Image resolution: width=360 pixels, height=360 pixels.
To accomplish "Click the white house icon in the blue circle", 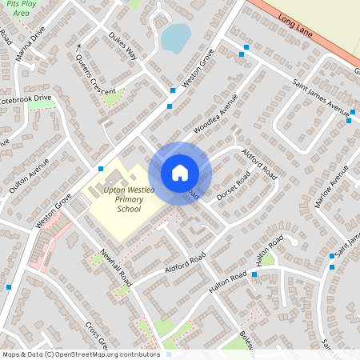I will click(x=180, y=173).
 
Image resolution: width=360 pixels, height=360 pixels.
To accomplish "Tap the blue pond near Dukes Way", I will click(x=176, y=37).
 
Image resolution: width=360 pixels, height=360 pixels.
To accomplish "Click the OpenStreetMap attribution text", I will click(x=80, y=354).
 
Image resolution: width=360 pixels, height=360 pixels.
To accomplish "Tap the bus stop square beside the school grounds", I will click(x=101, y=169).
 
